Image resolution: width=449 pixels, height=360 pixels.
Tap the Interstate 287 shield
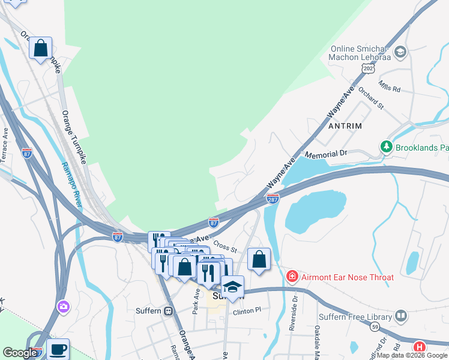point(273,199)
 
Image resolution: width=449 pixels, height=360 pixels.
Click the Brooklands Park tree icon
point(387,146)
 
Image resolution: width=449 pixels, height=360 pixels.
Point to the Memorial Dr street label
point(327,154)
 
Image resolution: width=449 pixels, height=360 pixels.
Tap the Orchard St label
point(370,98)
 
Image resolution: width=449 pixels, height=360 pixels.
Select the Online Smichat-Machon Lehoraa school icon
point(401,53)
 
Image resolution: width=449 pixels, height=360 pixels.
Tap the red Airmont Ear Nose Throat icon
point(292,277)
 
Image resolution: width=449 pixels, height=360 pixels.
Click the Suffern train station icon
point(169,311)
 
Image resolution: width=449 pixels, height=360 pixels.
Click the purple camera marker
point(63,307)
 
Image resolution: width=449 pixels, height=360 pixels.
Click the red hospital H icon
point(420,347)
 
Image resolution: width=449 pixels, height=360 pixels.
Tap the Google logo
point(19,353)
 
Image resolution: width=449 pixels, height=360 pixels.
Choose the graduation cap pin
point(232,287)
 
